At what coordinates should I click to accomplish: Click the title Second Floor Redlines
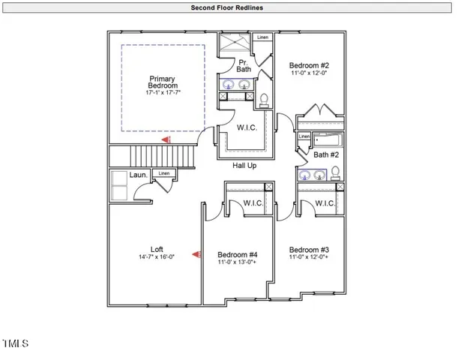click(x=229, y=7)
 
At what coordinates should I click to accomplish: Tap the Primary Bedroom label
click(x=163, y=82)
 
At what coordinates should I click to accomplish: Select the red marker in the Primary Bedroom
click(x=168, y=139)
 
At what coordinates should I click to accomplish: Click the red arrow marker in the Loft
click(x=196, y=255)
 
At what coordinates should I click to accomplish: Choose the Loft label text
click(x=156, y=249)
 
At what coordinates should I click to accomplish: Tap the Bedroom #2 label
click(x=309, y=65)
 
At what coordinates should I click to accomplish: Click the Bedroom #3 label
click(x=309, y=250)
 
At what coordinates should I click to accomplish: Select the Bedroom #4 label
click(x=237, y=253)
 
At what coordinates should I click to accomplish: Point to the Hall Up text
click(x=244, y=166)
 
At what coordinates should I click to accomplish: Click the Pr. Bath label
click(x=244, y=65)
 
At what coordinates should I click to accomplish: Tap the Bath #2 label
click(x=326, y=154)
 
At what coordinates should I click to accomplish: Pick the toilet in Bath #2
click(x=335, y=172)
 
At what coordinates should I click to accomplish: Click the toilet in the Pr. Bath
click(x=264, y=97)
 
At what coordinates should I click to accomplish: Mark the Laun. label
click(x=137, y=175)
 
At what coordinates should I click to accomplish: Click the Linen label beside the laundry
click(x=164, y=174)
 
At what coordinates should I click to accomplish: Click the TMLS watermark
click(x=15, y=343)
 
